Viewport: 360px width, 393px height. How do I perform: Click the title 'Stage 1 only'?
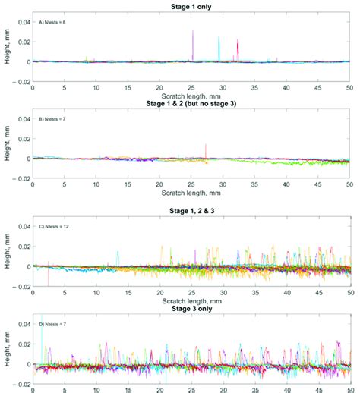click(191, 6)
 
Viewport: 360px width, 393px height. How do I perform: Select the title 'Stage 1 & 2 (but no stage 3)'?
click(191, 103)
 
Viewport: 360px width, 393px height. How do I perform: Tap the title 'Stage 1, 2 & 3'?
click(191, 207)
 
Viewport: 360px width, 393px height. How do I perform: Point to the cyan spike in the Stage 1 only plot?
click(219, 49)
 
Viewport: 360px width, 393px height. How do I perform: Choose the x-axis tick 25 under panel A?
click(191, 88)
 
